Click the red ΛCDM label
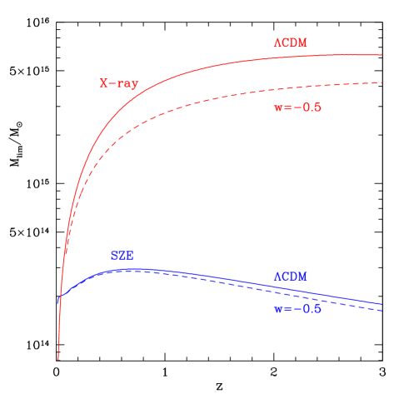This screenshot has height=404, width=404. pos(291,42)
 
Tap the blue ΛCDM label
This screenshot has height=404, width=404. pos(291,277)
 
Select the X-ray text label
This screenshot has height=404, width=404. pos(119,83)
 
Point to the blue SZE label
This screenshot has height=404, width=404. pos(122,256)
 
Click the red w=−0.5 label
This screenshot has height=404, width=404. pos(297,107)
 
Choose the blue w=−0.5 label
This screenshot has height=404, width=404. pos(297,308)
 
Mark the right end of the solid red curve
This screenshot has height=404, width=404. pos(382,55)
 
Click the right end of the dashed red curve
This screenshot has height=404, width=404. pos(382,82)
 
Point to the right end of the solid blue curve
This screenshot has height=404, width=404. pos(382,304)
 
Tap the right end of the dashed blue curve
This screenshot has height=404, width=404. pos(382,311)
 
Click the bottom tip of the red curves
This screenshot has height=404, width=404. pos(58,359)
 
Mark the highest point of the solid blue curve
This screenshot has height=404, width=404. pos(142,269)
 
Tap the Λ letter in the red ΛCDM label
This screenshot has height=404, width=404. pos(277,42)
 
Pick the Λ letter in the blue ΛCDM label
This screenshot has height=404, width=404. pos(277,277)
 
